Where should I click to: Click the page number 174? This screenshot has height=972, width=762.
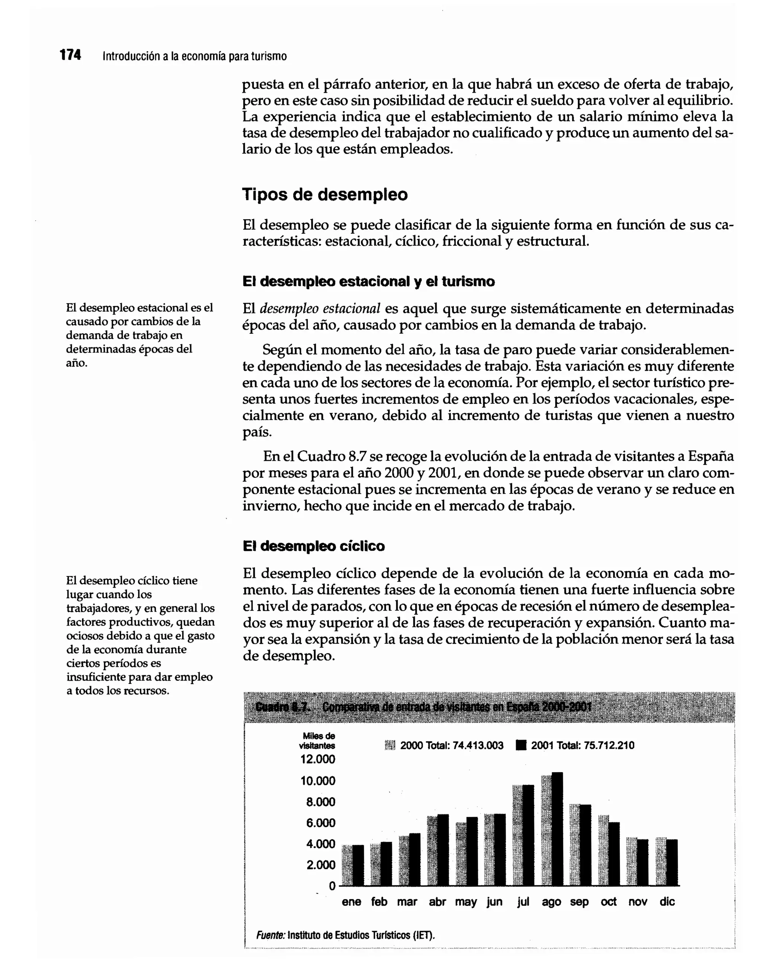point(70,55)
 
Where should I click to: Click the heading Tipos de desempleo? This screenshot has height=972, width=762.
point(324,195)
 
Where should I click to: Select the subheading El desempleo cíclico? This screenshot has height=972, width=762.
point(313,546)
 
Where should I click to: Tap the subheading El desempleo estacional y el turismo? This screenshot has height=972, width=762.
point(368,281)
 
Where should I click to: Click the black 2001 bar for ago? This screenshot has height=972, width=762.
point(557,830)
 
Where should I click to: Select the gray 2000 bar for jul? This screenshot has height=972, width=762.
point(518,837)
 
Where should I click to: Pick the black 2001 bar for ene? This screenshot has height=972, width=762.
point(358,866)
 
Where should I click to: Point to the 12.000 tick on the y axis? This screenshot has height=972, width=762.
point(317,760)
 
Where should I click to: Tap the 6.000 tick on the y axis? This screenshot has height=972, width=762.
point(320,823)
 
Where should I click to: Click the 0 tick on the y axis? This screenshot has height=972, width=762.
point(332,886)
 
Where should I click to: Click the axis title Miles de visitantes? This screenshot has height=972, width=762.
point(318,741)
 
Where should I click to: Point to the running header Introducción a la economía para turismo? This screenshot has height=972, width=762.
point(195,57)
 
